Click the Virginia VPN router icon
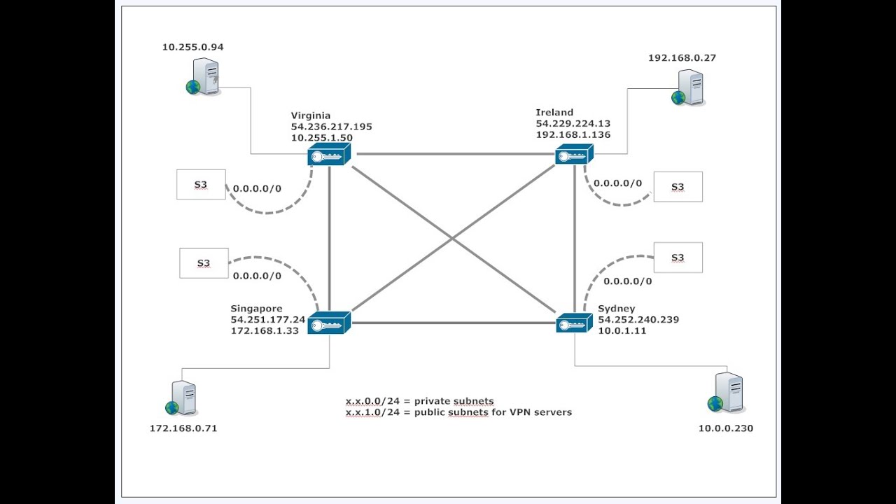coord(328,155)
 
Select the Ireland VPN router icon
coord(574,155)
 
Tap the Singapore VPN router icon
coord(328,323)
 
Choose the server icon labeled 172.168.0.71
coord(182,399)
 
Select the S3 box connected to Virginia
coord(201,185)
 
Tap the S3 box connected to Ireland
coord(678,187)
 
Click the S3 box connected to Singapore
coord(204,263)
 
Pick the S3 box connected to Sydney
coord(678,258)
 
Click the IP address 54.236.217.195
coord(332,127)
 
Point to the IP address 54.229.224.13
coord(573,123)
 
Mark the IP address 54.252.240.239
coord(638,320)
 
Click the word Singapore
coord(256,309)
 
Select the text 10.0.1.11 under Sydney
coord(622,331)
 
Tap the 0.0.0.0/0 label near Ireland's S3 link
coord(617,183)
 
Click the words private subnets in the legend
coord(454,401)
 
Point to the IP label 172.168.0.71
coord(183,428)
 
